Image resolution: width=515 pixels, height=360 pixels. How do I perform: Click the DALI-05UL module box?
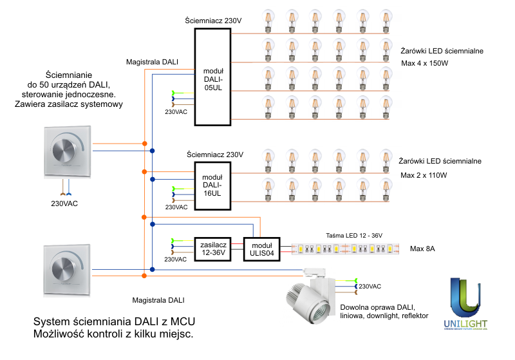point(213,79)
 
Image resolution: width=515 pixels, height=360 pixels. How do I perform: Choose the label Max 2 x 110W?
point(424,175)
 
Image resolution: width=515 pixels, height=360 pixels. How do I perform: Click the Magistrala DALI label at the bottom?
point(158,300)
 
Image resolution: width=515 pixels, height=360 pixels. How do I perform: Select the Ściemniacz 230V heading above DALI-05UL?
point(213,22)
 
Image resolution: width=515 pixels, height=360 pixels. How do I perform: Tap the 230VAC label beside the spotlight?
point(370,287)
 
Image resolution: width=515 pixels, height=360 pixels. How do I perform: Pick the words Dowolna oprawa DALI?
point(377,307)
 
